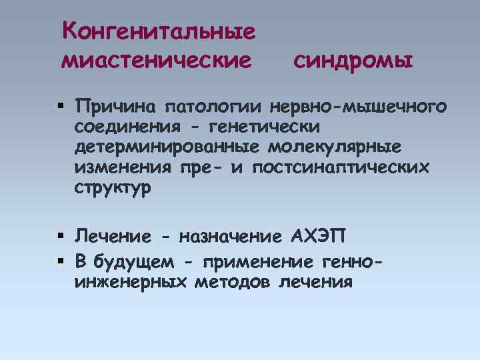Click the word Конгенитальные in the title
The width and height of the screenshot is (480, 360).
158,31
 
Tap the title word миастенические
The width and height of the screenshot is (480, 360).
157,61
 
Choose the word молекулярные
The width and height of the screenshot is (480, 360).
343,147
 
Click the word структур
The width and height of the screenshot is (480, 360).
113,188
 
